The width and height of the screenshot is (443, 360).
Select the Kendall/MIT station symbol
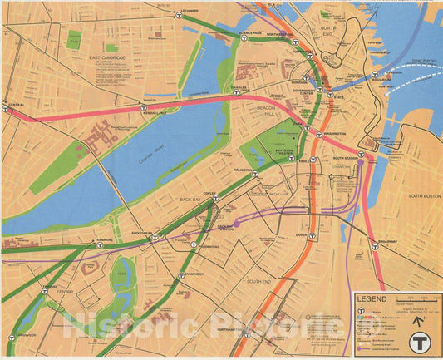[x=146, y=107]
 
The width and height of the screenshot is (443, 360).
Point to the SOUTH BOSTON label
[x=424, y=196]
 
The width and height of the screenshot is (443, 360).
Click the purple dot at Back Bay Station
[x=237, y=224]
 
